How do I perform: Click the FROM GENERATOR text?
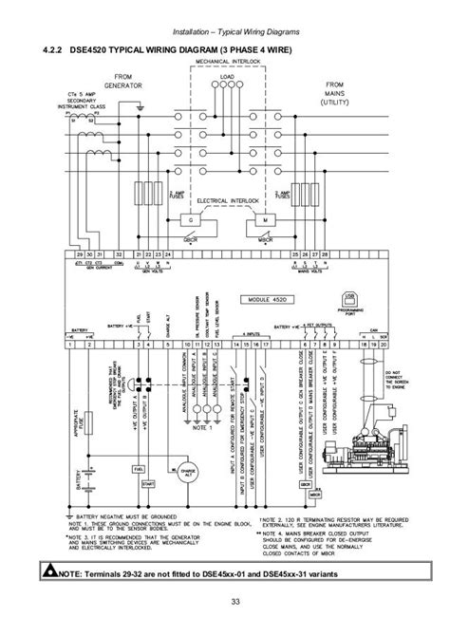(x=123, y=84)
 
